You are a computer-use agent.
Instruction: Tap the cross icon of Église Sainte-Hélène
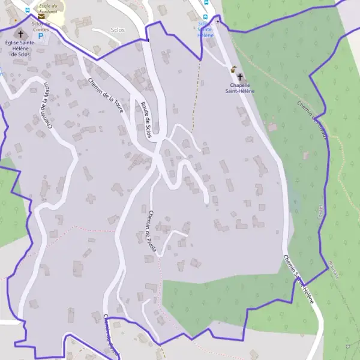click(21, 34)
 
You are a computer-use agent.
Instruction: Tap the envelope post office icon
click(41, 17)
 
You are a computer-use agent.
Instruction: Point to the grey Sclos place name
click(118, 29)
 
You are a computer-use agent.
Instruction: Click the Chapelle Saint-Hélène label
click(240, 88)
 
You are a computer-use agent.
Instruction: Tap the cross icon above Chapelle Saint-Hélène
click(241, 77)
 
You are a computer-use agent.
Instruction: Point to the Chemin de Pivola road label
click(151, 232)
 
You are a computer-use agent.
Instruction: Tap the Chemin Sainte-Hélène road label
click(298, 278)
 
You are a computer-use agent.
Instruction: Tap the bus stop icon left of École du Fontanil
click(28, 10)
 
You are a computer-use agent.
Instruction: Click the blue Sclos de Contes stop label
click(41, 26)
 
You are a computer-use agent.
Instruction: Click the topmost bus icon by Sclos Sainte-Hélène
click(206, 2)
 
